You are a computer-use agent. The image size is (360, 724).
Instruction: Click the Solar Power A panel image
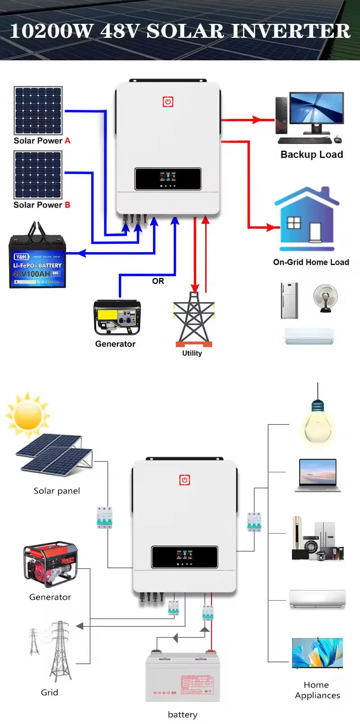tap(38, 110)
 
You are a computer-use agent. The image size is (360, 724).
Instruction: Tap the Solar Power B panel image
tap(38, 175)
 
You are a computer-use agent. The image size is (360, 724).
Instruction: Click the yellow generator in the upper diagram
tap(117, 317)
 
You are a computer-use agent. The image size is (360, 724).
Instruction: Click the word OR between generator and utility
tap(158, 281)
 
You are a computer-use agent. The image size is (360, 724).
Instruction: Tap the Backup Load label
tap(311, 154)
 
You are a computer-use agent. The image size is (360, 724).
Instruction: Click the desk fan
tap(325, 297)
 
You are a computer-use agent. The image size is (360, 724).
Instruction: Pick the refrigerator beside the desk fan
tap(289, 300)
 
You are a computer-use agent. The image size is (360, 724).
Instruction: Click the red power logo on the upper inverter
tap(168, 102)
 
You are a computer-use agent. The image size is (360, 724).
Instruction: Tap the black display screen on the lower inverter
tap(184, 557)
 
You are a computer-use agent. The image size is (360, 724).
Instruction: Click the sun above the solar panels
tap(27, 415)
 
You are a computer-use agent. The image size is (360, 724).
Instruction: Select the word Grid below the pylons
tap(49, 692)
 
